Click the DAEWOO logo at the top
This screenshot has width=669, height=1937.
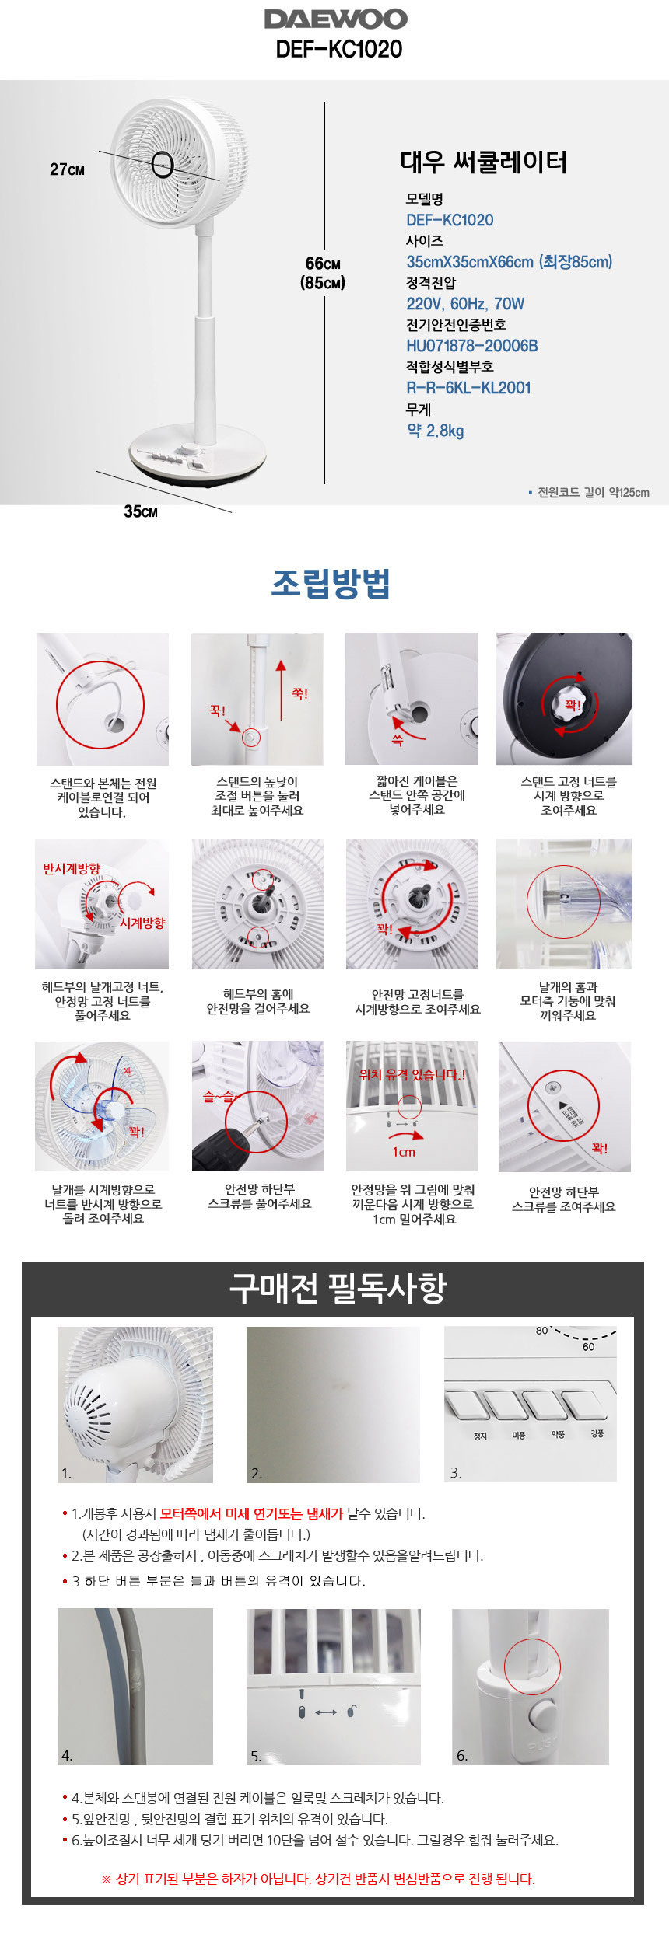click(335, 19)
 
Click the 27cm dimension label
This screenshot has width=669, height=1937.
click(67, 169)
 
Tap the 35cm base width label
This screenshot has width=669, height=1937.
click(141, 511)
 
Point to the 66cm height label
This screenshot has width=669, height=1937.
click(323, 264)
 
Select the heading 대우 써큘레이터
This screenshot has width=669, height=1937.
click(483, 162)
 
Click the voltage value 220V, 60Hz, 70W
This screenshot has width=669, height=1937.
click(465, 304)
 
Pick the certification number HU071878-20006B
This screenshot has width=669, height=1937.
click(472, 346)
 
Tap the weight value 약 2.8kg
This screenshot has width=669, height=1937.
click(435, 431)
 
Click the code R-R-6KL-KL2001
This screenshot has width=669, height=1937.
click(468, 388)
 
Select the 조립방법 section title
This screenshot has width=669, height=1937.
click(331, 583)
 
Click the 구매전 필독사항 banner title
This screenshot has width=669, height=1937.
click(338, 1288)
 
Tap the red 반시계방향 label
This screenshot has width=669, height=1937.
click(72, 869)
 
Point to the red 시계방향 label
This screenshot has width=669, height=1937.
click(142, 923)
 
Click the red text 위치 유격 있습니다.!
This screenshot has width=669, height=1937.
click(412, 1075)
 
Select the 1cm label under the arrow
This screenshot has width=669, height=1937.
click(404, 1152)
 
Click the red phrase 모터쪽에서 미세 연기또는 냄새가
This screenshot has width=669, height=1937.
click(251, 1514)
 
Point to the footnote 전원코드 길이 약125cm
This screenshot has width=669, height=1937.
click(593, 492)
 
